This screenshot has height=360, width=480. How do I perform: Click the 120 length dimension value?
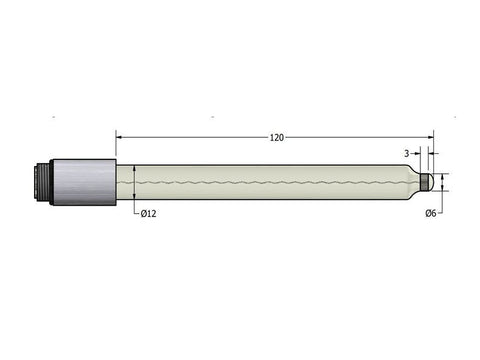pos(276,137)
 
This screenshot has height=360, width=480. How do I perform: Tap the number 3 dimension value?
pos(406,153)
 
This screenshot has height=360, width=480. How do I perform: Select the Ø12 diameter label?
pos(148,213)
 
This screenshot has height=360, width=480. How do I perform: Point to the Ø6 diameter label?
pos(431,213)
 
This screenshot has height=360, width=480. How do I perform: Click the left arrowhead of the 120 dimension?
pos(122,137)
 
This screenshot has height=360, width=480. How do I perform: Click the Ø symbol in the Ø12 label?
pos(143,213)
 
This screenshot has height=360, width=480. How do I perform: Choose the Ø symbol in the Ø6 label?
pos(428,213)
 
